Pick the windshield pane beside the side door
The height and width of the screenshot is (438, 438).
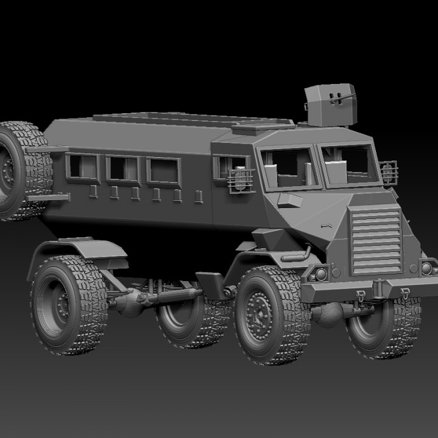tap(290, 167)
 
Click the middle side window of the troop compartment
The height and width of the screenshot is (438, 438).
tap(122, 167)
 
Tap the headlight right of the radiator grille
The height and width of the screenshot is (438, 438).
tap(426, 267)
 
